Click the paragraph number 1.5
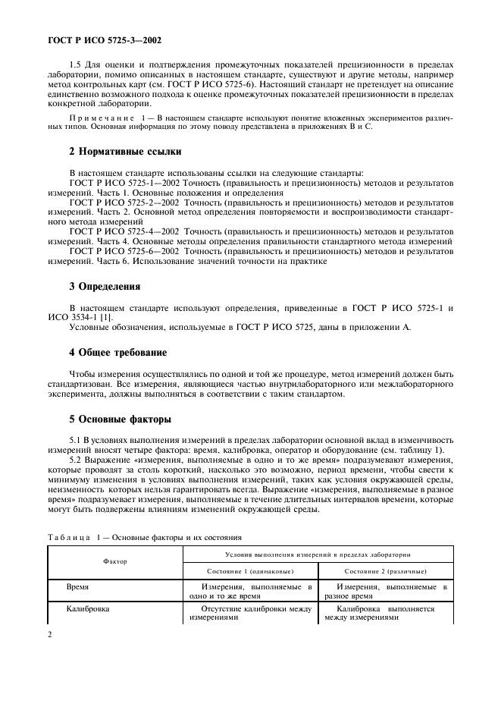[x=77, y=73]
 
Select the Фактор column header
[x=115, y=562]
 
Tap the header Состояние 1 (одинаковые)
[x=250, y=571]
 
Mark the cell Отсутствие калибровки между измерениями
[x=250, y=613]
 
